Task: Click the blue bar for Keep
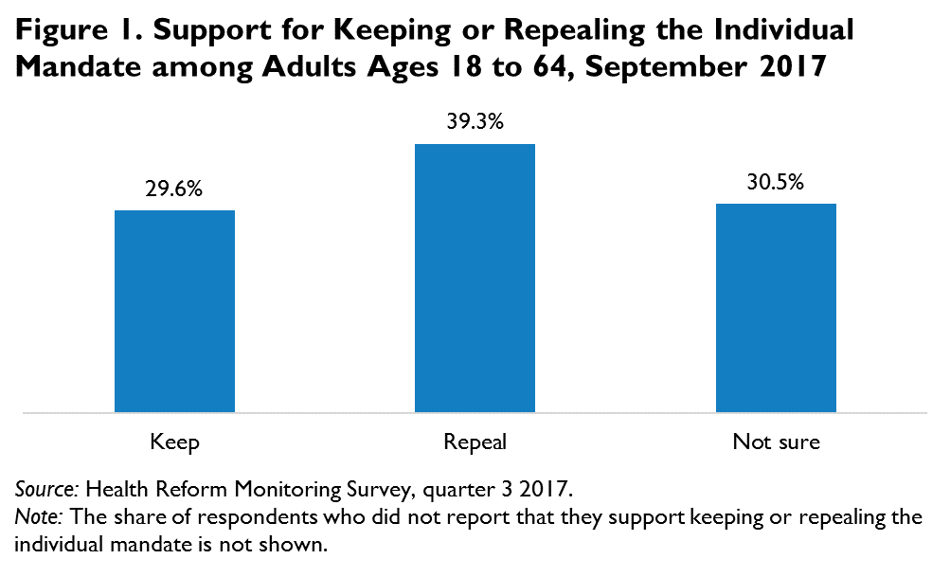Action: point(174,311)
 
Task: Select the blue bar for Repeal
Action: point(475,278)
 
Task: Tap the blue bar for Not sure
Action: point(776,308)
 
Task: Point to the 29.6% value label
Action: point(174,189)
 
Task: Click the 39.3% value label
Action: point(475,123)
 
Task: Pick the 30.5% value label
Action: point(776,183)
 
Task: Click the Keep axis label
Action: point(174,442)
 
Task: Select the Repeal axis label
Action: point(475,442)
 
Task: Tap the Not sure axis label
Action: point(776,442)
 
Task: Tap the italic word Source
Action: point(47,492)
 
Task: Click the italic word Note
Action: point(38,518)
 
